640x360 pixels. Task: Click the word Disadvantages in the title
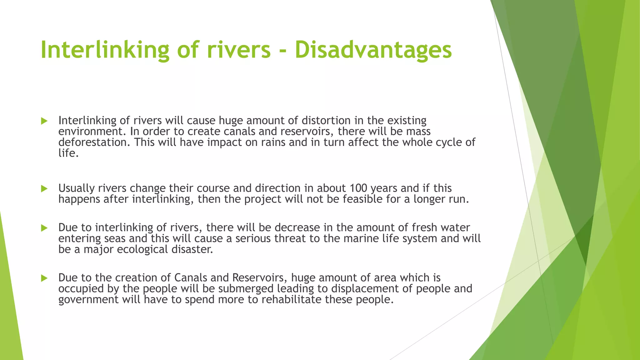(x=373, y=50)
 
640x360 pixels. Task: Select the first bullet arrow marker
(x=44, y=121)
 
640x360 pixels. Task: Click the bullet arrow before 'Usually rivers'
(x=44, y=188)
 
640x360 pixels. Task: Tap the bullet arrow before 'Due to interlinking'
(x=44, y=228)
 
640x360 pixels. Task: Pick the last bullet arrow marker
(x=44, y=278)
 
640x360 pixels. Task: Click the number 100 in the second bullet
(x=358, y=188)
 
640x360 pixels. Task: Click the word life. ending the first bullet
(x=68, y=153)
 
